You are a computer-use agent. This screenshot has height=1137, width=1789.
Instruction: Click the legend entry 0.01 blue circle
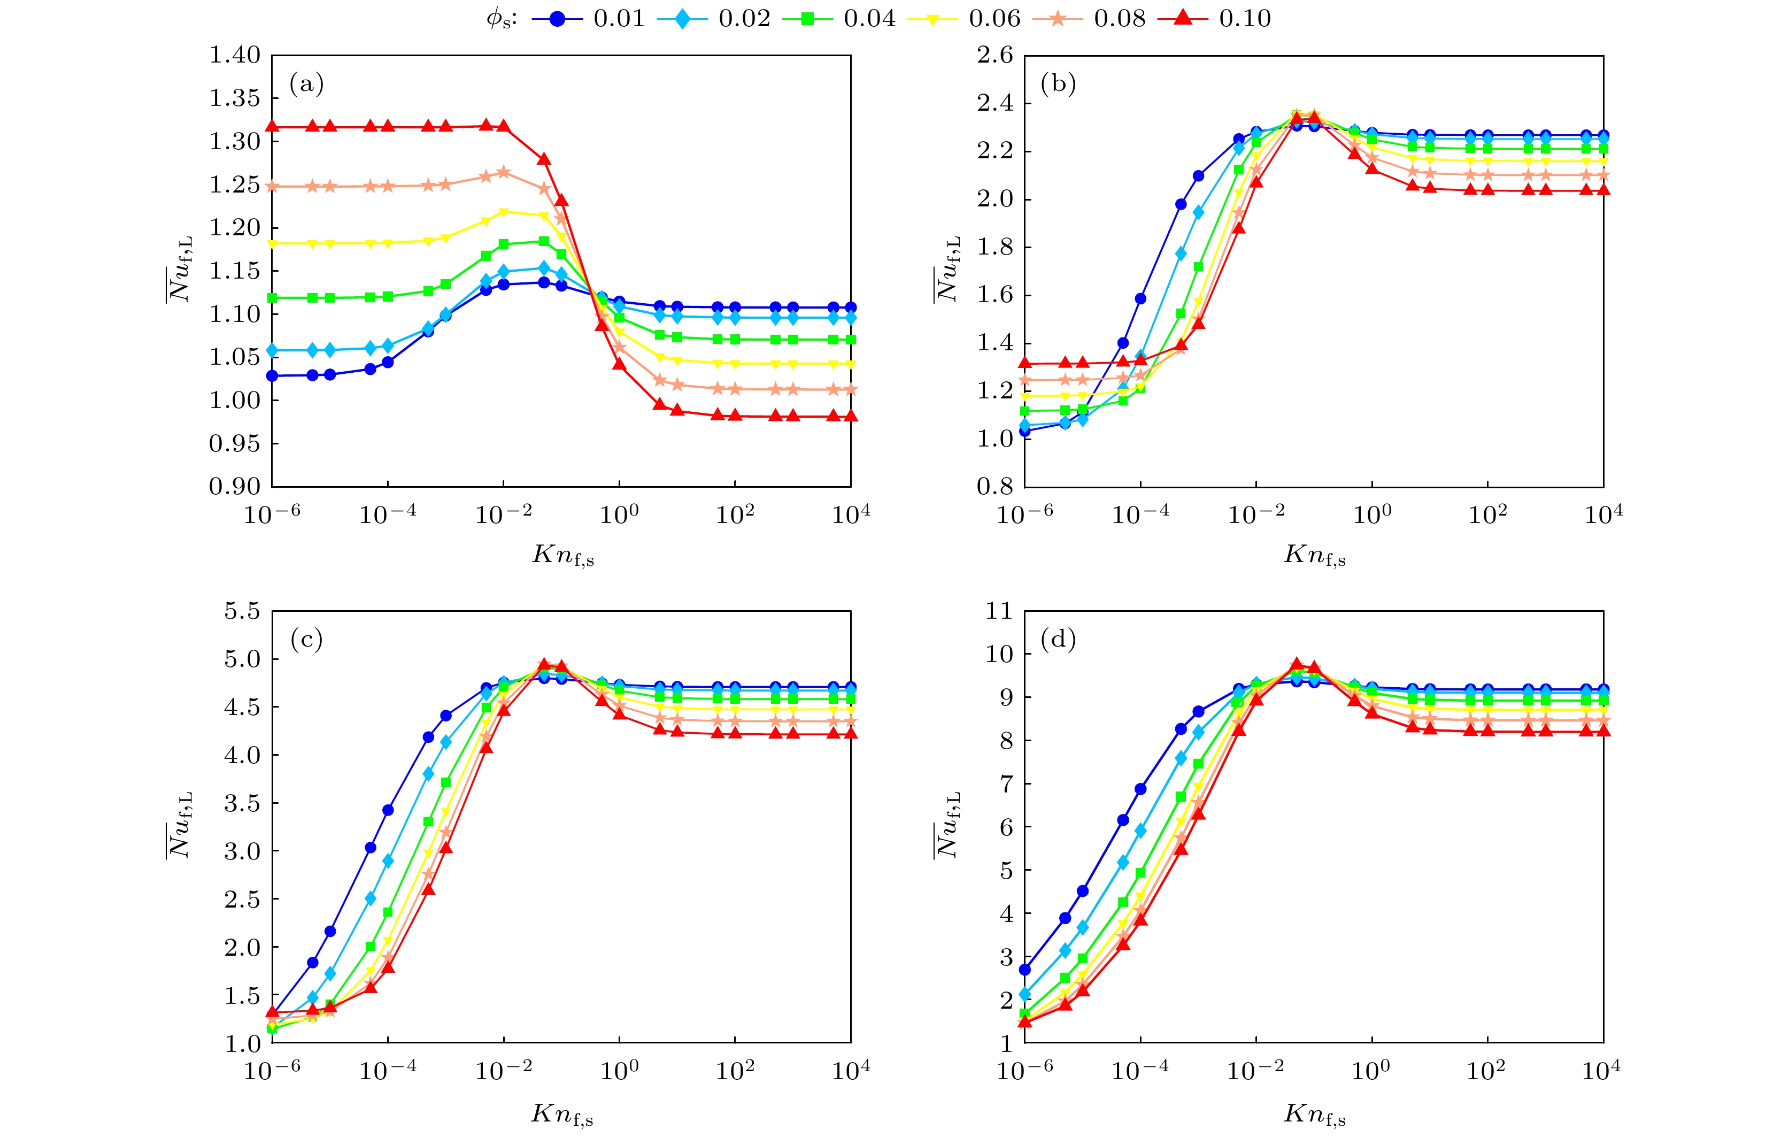pos(557,19)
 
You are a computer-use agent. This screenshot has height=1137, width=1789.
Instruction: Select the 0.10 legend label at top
pos(1244,19)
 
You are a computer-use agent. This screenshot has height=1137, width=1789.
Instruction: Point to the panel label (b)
pos(1059,84)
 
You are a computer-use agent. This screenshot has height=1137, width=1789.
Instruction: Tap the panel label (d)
pos(1059,639)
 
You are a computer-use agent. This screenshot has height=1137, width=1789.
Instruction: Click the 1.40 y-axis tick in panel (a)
pos(235,55)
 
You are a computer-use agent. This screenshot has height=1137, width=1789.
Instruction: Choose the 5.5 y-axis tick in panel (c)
pos(242,611)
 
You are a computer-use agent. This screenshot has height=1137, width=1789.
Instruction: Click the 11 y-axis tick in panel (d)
pos(999,611)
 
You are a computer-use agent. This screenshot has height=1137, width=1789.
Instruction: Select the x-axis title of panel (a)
pos(563,555)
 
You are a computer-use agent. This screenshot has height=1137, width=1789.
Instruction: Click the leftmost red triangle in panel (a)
pos(272,127)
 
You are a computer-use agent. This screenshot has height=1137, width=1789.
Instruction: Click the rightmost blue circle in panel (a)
pos(851,307)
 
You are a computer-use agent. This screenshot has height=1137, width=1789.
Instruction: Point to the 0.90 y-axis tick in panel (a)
pos(235,487)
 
